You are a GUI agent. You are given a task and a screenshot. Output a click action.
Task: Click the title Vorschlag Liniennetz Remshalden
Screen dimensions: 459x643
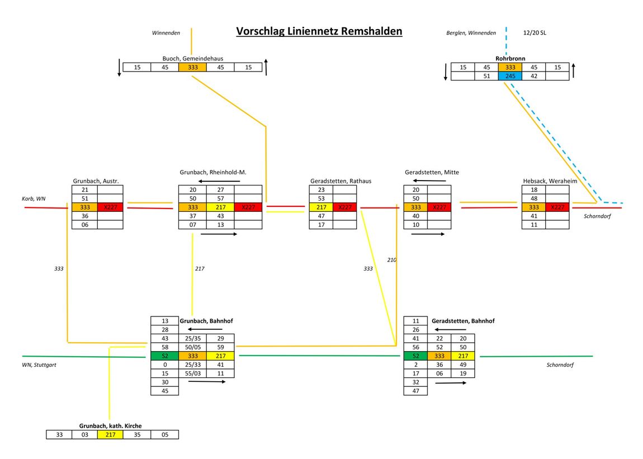[319, 31]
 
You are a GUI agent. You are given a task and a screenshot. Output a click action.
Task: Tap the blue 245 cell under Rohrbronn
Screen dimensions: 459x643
[510, 76]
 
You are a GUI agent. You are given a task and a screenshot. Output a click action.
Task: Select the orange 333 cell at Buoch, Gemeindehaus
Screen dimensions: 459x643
[192, 67]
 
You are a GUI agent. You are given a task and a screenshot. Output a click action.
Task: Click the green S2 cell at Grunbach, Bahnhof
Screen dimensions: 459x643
[164, 356]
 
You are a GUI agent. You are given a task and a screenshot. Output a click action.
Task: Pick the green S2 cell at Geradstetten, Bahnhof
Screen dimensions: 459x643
[415, 356]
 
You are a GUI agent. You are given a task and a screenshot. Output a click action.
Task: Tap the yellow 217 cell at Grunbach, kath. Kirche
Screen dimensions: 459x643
[110, 434]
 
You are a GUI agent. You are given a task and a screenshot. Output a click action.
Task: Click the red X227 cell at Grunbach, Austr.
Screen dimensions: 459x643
[110, 207]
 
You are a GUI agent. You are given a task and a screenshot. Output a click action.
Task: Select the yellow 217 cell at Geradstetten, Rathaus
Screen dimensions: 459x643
[321, 207]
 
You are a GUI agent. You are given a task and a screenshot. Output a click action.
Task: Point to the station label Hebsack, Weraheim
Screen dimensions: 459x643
[550, 181]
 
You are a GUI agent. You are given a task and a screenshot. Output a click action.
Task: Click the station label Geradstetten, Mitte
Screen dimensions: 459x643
[432, 172]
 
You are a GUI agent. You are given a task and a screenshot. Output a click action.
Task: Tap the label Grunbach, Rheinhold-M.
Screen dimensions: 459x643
[213, 172]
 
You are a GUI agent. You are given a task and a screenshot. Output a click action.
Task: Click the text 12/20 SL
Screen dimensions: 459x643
[535, 33]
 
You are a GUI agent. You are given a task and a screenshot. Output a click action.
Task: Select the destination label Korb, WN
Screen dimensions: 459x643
[34, 199]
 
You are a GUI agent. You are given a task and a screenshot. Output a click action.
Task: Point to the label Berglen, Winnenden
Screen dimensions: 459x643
[471, 33]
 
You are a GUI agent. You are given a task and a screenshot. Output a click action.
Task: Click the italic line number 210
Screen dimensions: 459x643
[391, 260]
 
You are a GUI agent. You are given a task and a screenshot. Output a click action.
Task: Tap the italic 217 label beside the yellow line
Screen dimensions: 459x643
[200, 269]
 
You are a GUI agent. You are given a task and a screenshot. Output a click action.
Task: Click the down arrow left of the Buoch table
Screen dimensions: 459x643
[119, 67]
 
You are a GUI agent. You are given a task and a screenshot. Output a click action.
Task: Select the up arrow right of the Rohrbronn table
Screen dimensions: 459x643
[574, 72]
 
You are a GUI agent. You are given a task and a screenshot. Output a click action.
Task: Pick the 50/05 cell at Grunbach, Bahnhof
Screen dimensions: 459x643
[192, 347]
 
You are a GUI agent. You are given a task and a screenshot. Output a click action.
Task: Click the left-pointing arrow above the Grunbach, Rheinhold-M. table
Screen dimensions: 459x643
[220, 181]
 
